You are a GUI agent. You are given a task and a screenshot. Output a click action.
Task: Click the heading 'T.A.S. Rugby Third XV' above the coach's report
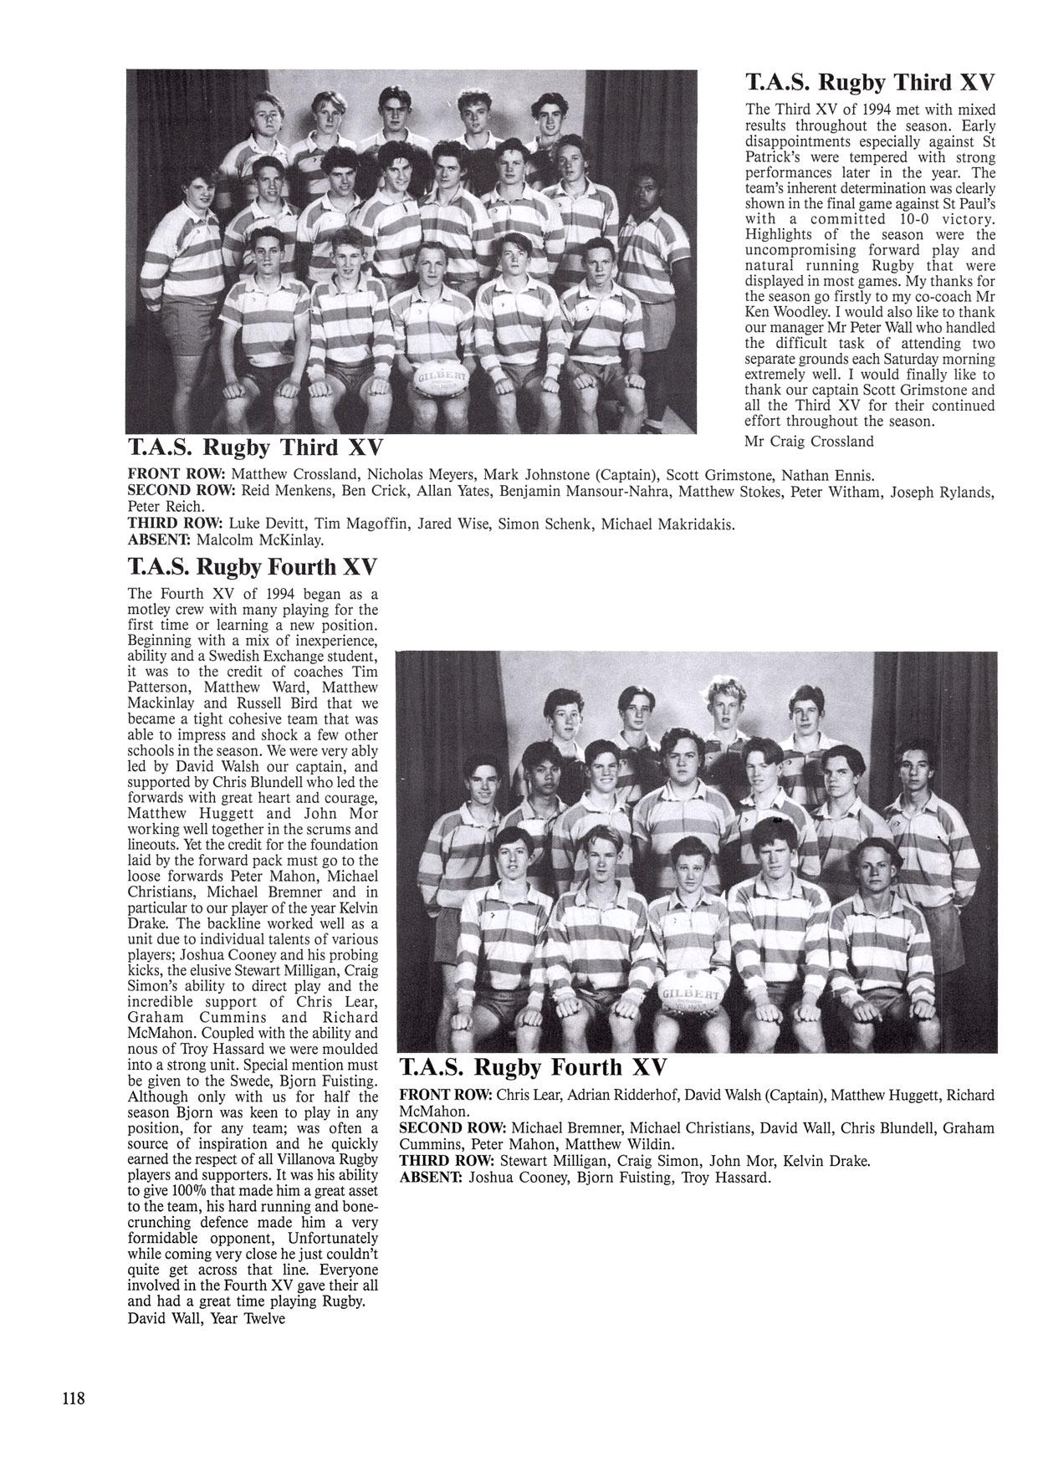(x=870, y=82)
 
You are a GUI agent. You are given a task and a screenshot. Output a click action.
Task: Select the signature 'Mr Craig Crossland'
(x=808, y=441)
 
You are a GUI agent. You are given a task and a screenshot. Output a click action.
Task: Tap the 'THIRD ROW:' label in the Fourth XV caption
(x=447, y=1161)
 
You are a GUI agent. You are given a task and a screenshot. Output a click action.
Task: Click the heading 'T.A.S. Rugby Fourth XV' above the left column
(x=252, y=568)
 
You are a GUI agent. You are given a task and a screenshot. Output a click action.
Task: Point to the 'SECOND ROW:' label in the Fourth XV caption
(x=453, y=1127)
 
